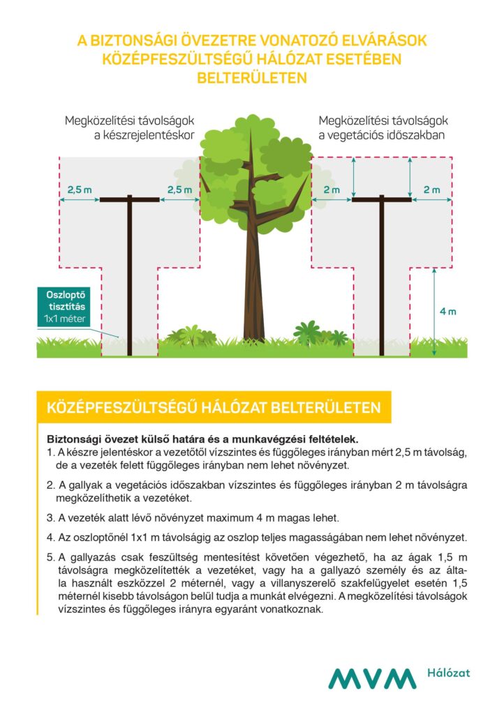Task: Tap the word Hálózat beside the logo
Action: tap(447, 673)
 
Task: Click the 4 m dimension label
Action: tap(447, 311)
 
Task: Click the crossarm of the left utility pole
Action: tap(130, 199)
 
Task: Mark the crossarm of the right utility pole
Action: tap(381, 199)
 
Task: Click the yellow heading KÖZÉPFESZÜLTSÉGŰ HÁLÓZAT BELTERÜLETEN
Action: tap(213, 407)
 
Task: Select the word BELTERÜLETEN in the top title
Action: tap(252, 77)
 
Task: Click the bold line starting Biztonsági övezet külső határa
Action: tap(202, 439)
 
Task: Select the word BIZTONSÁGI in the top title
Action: tap(132, 41)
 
